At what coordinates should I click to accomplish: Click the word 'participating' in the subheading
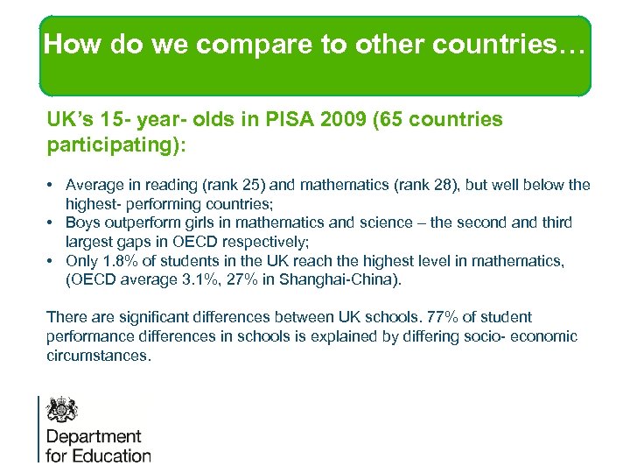(114, 143)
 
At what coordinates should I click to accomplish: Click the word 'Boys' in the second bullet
(83, 222)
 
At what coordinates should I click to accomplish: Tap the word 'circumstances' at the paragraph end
(98, 356)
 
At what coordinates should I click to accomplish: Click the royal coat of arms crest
(62, 410)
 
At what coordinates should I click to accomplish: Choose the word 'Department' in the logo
(94, 436)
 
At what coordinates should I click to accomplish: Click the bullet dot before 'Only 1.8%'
(53, 260)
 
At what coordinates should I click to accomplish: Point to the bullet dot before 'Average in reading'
(53, 185)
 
